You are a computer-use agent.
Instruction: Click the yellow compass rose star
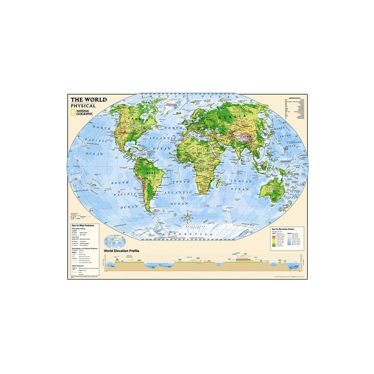187,216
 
